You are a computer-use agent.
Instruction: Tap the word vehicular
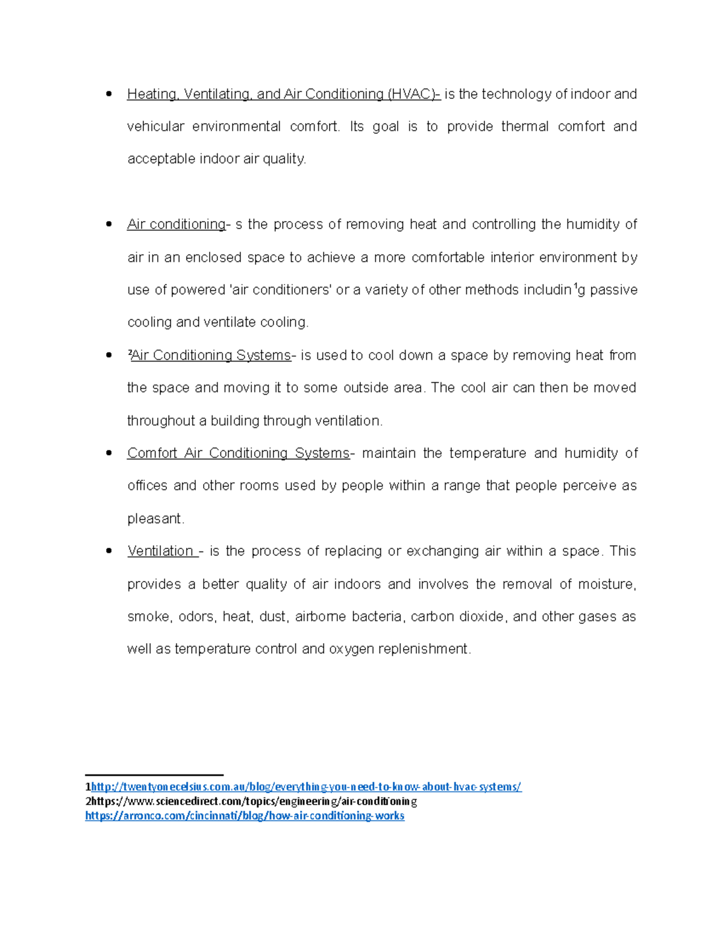(x=155, y=127)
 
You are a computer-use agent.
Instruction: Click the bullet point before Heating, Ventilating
(x=109, y=94)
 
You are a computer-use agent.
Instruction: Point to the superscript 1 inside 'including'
(x=575, y=286)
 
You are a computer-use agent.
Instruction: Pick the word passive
(x=613, y=290)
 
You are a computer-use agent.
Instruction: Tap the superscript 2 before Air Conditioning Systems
(x=130, y=353)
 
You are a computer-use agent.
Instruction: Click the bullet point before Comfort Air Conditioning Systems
(x=109, y=453)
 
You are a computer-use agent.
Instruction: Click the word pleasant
(x=155, y=519)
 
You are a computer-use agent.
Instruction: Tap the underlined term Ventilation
(x=161, y=551)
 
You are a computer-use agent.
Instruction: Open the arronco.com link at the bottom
(x=245, y=815)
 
